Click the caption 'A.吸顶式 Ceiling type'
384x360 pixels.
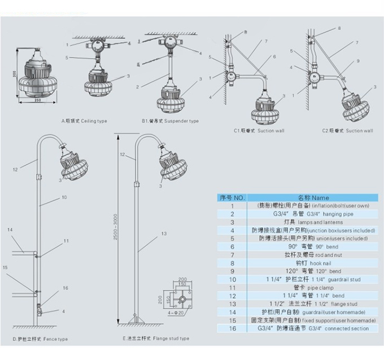(x=84, y=121)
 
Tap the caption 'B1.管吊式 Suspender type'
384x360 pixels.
(x=171, y=121)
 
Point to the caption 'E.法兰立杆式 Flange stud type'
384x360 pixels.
(x=155, y=339)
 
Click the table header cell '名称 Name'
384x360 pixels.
(x=313, y=197)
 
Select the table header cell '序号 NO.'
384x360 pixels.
(x=232, y=197)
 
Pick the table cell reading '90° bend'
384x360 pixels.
(x=313, y=247)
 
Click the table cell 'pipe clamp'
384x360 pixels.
(x=313, y=287)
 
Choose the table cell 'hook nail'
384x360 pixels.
(x=313, y=263)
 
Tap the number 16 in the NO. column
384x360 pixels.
(x=232, y=328)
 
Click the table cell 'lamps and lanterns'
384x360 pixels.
(x=313, y=222)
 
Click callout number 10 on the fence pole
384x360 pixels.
(x=65, y=197)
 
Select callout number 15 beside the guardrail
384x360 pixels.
(x=6, y=267)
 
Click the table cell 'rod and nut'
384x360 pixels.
(x=313, y=255)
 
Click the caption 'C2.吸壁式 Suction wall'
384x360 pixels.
(x=347, y=131)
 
